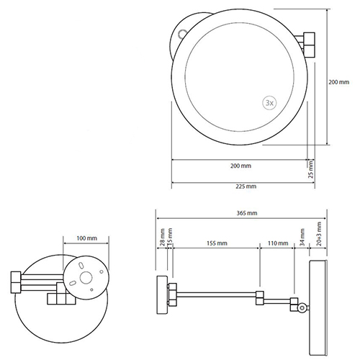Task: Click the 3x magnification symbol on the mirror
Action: [x=269, y=103]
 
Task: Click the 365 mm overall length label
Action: [x=247, y=213]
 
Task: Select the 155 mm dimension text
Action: [x=217, y=243]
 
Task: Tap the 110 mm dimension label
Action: [x=278, y=243]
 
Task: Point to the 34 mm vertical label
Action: [x=302, y=237]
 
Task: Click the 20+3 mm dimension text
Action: [x=319, y=234]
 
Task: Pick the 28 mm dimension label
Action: [x=163, y=237]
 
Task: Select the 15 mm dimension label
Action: [x=170, y=237]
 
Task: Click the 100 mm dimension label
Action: [x=87, y=238]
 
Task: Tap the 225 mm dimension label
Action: [x=246, y=186]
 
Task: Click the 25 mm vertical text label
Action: [x=310, y=169]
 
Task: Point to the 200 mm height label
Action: [x=339, y=82]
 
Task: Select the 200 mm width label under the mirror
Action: [x=240, y=166]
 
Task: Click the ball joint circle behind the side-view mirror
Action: [x=302, y=307]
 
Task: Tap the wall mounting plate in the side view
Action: [x=162, y=295]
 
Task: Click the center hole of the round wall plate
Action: [x=86, y=278]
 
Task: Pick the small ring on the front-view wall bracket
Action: [x=181, y=33]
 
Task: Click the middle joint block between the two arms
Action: [x=260, y=297]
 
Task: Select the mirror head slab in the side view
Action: [x=318, y=308]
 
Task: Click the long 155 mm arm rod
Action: [x=217, y=294]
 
